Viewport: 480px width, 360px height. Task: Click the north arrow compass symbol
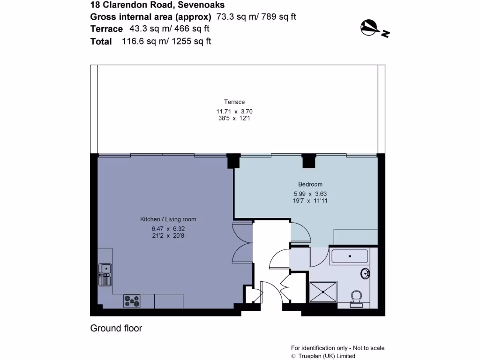374,28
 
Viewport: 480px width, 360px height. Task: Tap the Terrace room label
234,102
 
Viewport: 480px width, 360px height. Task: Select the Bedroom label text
310,184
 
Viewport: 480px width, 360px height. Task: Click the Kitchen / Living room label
168,219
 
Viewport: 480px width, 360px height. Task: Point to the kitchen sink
105,274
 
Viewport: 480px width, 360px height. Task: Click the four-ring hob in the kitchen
132,301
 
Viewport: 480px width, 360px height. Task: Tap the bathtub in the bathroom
349,257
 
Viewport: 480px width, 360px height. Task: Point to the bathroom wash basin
366,273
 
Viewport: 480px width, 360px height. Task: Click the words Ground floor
116,328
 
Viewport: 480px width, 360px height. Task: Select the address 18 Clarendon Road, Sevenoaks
157,5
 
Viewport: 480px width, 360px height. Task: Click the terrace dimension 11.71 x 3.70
234,112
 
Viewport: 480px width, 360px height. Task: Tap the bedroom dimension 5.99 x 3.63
310,193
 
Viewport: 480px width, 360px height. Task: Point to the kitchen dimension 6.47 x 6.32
168,229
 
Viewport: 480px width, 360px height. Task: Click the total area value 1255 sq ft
191,41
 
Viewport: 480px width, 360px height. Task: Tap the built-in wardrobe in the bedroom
355,237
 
